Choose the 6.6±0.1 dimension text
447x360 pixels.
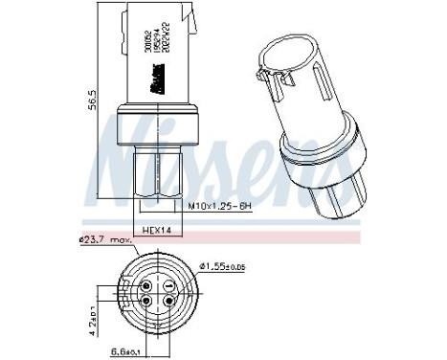(x=123, y=352)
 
